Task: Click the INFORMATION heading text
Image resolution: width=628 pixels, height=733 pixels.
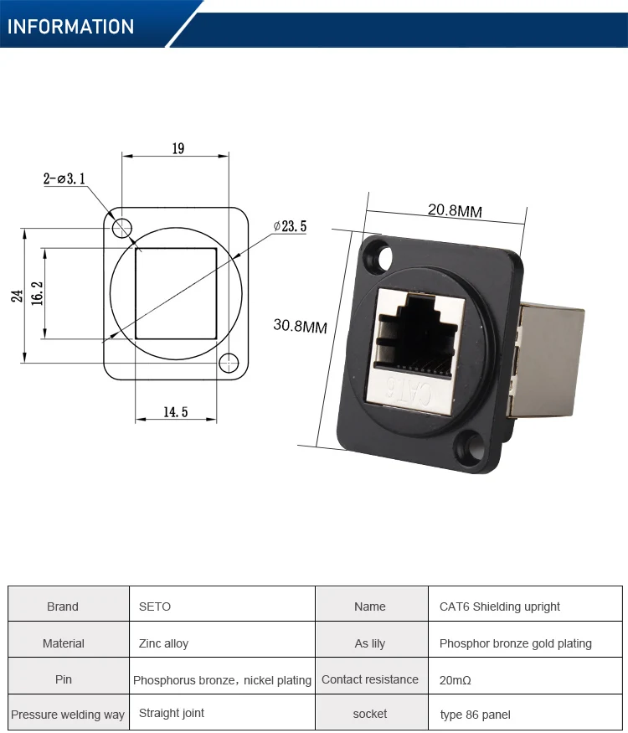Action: point(71,27)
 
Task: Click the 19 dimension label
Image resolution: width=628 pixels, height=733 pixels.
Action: point(178,148)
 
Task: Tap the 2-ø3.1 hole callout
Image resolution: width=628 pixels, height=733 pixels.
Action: point(64,178)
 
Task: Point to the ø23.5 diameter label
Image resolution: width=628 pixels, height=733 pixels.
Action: point(291,226)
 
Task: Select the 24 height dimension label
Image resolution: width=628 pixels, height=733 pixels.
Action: point(17,295)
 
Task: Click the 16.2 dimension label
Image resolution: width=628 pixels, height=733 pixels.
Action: point(37,294)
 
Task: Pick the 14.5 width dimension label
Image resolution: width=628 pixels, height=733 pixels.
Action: point(175,411)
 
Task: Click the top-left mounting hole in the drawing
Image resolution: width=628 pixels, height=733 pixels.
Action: point(122,227)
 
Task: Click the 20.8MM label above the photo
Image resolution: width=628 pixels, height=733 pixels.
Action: point(455,210)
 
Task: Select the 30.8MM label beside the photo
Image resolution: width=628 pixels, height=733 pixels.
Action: point(300,326)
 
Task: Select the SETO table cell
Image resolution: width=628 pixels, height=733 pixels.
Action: point(155,607)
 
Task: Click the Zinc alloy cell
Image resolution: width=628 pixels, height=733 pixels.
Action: point(163,643)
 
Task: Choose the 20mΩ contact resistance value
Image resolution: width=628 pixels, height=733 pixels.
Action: point(456,680)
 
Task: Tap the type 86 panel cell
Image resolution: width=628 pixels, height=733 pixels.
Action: point(475,715)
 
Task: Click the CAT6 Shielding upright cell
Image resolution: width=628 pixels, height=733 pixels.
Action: point(499,607)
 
